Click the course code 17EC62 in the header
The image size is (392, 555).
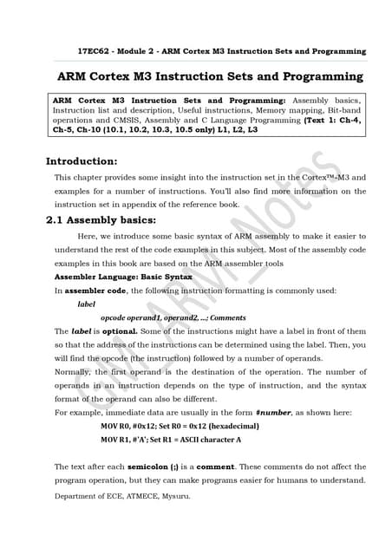click(x=95, y=51)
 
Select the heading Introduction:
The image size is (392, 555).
click(x=81, y=160)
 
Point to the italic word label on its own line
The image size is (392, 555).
click(x=87, y=304)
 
